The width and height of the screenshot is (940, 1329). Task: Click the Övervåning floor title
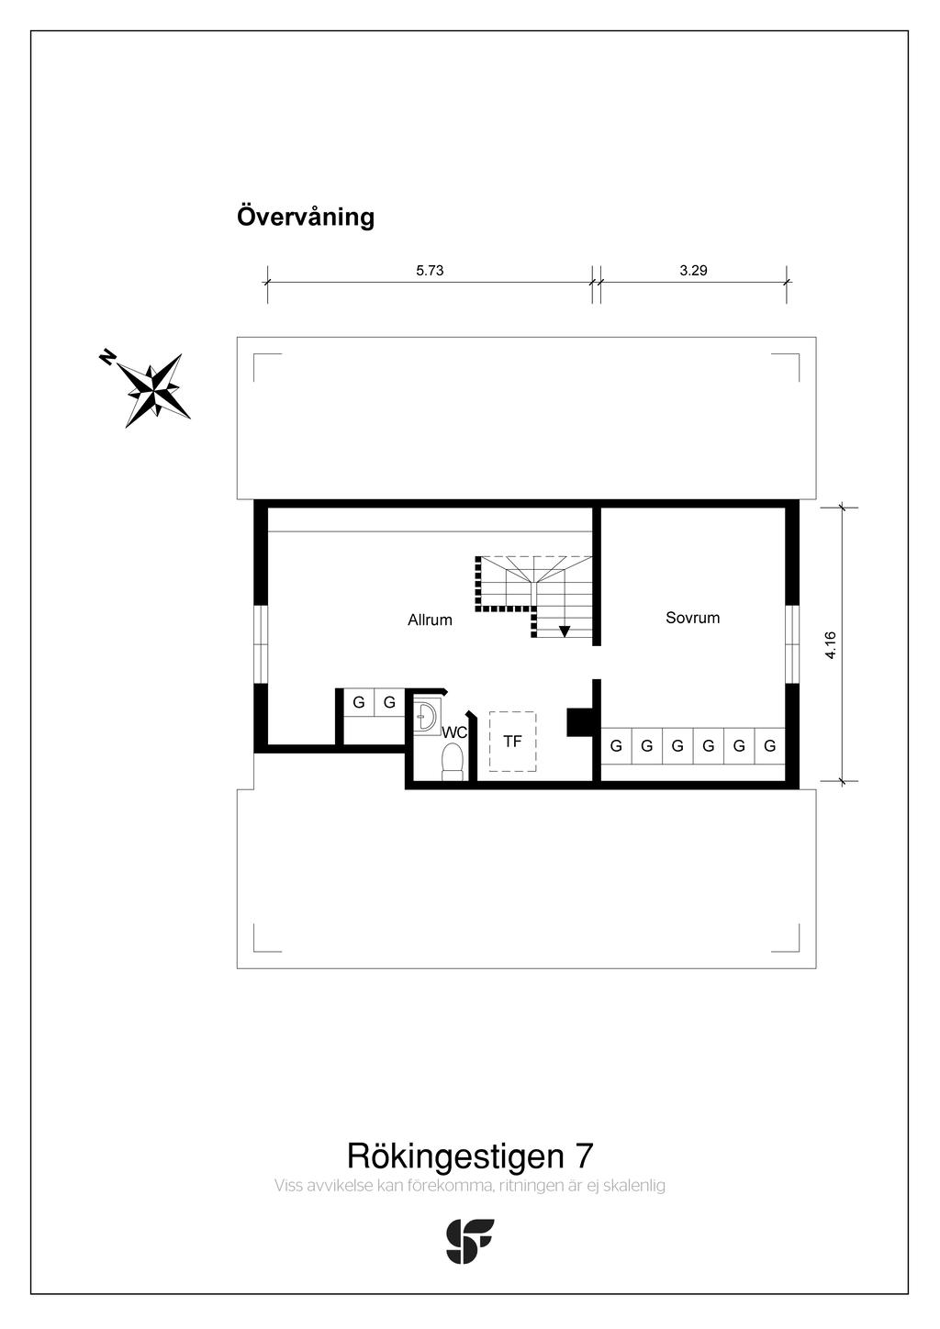[306, 218]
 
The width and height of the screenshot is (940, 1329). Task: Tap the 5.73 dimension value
[430, 271]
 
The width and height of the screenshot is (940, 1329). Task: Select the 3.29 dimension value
[693, 271]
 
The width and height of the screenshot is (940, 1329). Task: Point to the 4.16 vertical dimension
[830, 644]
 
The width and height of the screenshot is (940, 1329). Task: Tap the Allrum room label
[430, 620]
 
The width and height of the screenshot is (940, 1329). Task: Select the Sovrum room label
[692, 618]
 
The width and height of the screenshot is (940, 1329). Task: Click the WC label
[454, 732]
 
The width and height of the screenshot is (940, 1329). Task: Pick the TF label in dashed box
[512, 741]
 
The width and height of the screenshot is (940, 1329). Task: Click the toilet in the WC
[452, 762]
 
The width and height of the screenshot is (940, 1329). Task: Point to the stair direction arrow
[564, 631]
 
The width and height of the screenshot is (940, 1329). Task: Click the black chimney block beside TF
[580, 722]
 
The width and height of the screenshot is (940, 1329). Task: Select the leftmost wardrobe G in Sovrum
[616, 746]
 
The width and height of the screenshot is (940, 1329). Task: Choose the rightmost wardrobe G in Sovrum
[769, 746]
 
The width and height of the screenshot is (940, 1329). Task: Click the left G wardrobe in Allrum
[359, 703]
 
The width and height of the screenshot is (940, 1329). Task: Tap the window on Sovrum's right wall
[791, 643]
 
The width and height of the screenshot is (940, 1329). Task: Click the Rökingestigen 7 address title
[469, 1156]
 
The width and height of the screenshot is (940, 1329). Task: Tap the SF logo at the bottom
[469, 1241]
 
